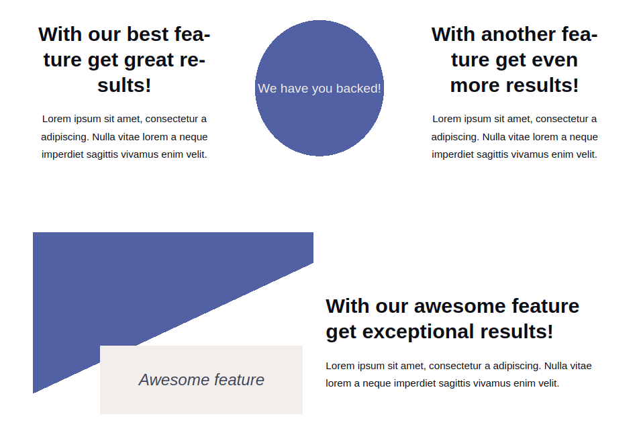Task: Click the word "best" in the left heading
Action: [x=146, y=34]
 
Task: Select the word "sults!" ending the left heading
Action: [x=124, y=85]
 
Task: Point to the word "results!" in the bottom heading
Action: [x=517, y=332]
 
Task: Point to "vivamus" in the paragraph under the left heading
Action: [x=138, y=154]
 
